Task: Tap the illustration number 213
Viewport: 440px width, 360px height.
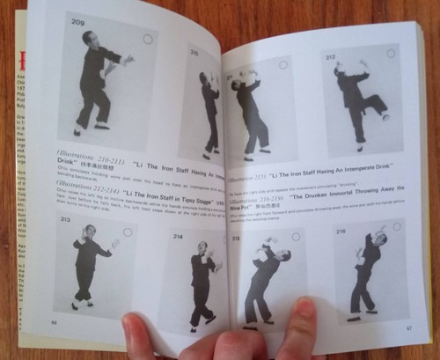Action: [x=64, y=219]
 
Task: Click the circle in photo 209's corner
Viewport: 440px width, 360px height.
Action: [x=147, y=40]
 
